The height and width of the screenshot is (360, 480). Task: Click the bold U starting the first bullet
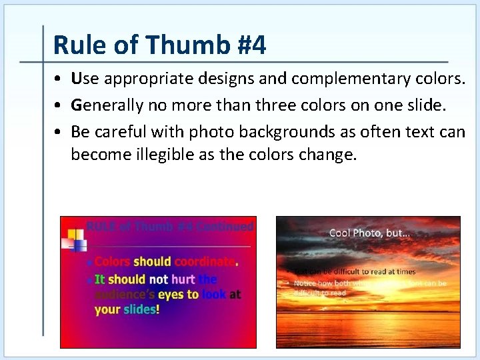click(x=76, y=79)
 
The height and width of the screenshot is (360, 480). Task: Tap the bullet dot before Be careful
click(x=59, y=132)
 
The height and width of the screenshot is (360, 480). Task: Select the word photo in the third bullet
click(x=211, y=132)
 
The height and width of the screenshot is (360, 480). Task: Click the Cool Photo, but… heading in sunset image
click(x=369, y=233)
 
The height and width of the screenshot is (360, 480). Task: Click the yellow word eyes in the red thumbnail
click(x=170, y=294)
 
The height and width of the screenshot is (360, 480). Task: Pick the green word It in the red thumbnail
click(x=99, y=279)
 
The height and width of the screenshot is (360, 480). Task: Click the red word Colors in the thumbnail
click(x=112, y=261)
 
